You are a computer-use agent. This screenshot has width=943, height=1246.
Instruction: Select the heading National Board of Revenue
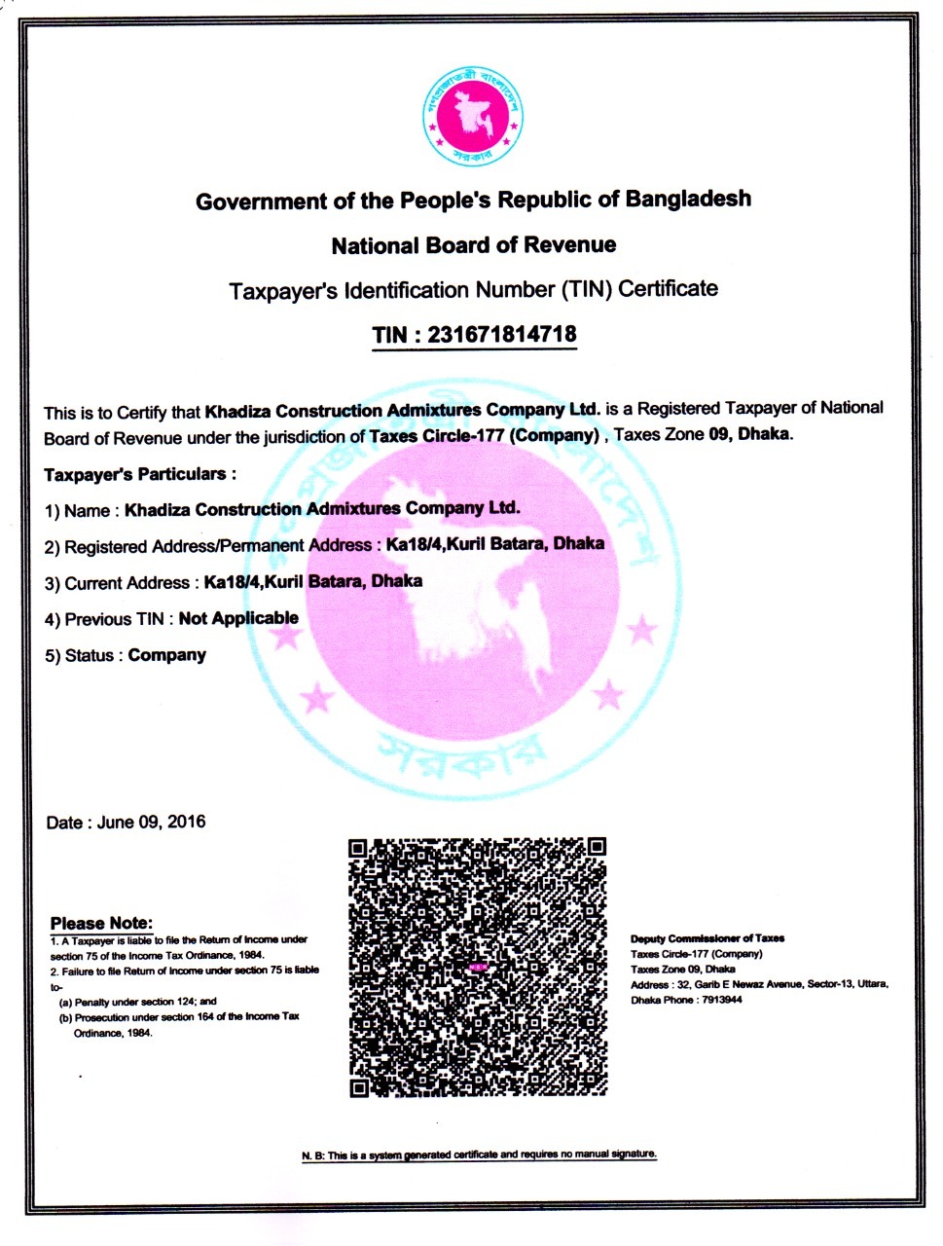tap(473, 245)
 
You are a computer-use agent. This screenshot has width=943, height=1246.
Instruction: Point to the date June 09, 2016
tap(153, 822)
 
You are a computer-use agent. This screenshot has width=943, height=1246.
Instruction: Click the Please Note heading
tap(101, 923)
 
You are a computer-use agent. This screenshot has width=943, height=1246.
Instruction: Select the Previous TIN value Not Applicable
tap(238, 618)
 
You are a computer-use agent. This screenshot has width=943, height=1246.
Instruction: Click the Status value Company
tap(167, 655)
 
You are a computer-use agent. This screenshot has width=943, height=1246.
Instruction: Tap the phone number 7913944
tap(720, 1000)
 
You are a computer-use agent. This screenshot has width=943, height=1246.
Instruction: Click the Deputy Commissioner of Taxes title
tap(707, 938)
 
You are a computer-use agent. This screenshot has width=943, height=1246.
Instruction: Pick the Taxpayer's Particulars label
tap(140, 474)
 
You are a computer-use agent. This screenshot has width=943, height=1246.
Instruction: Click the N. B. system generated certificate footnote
tap(479, 1154)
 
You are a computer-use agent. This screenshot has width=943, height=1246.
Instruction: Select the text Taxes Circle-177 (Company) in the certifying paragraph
tap(484, 435)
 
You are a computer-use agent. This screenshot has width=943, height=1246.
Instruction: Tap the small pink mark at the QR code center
tap(477, 968)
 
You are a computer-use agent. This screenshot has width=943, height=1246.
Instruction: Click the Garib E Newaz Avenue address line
tap(759, 984)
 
